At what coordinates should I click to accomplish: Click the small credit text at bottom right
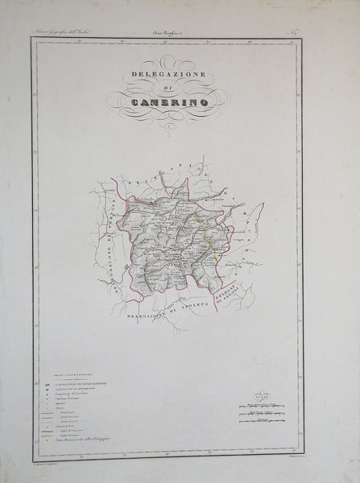(306, 457)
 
